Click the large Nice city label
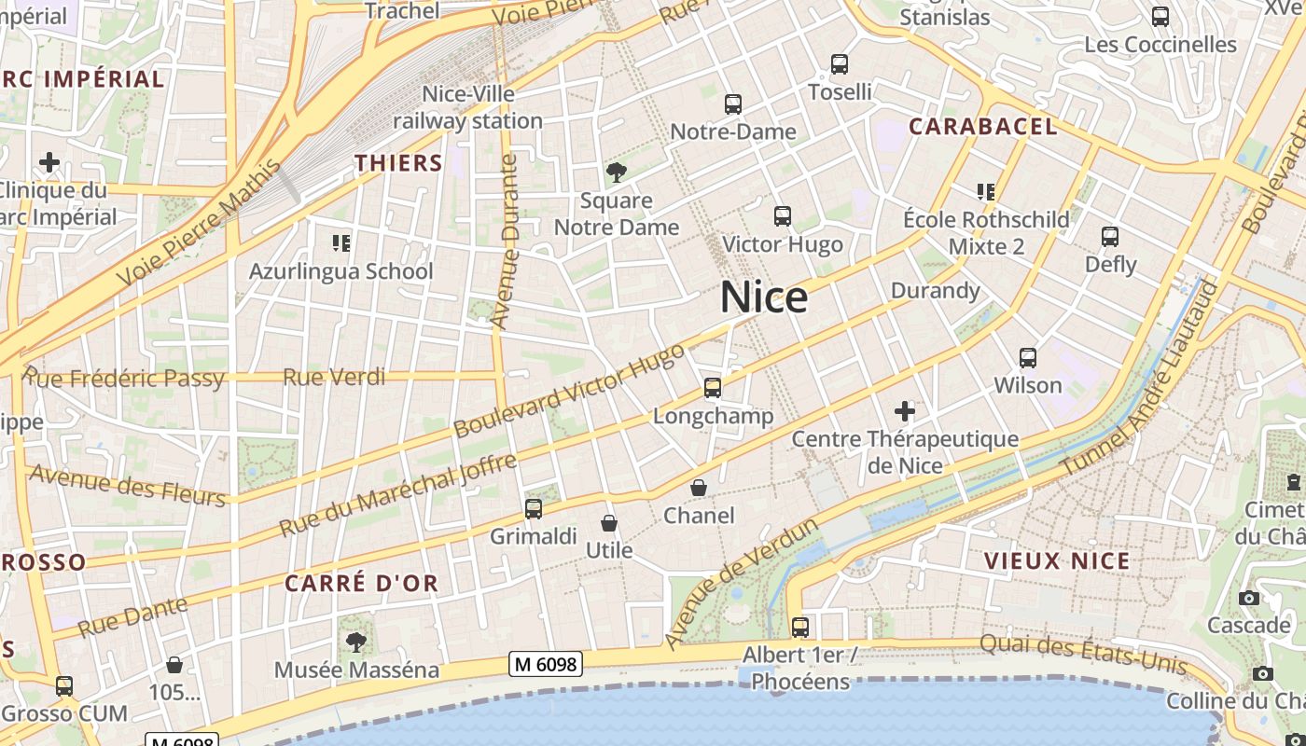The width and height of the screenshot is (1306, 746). coord(764,297)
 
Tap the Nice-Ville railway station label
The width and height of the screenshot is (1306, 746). coord(468,107)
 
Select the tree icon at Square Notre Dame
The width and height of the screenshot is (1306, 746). coord(616,172)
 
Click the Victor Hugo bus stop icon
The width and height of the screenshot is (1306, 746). coord(783,216)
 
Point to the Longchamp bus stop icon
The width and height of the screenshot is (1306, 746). coord(713,388)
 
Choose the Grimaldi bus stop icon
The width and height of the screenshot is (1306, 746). coord(534,508)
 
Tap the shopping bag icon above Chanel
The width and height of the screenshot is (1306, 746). coord(699,488)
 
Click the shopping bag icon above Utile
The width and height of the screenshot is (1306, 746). coord(609,523)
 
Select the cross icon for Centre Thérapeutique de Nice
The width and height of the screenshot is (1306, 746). coord(904,410)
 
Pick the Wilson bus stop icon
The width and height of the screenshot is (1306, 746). coord(1028,357)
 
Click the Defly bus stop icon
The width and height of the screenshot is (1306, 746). coord(1110,237)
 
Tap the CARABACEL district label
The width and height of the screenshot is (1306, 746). coord(983,127)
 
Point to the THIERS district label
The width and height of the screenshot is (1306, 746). coord(398,163)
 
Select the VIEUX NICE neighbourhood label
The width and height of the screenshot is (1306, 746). coord(1058,561)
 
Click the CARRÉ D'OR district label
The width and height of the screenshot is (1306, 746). coord(361,584)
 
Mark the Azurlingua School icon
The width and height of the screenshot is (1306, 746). coord(341,243)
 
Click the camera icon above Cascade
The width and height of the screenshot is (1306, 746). coord(1249,598)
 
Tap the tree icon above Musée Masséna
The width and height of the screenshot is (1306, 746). coord(355,642)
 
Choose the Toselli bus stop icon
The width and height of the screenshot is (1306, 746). coord(840,64)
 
